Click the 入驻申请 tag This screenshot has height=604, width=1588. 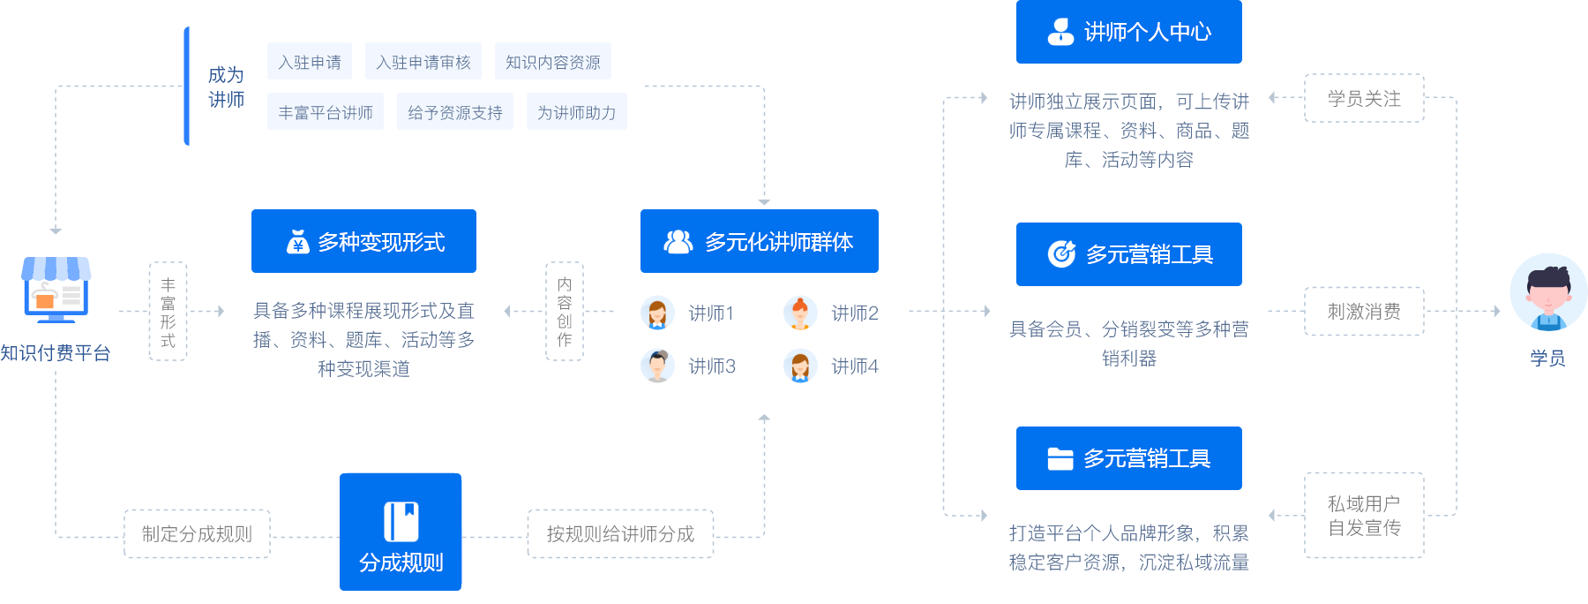(x=310, y=62)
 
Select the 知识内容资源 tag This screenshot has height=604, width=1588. (x=552, y=62)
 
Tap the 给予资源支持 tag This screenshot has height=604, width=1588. (x=454, y=112)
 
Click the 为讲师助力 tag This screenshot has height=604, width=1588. (x=576, y=112)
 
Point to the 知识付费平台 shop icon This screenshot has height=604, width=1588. (x=56, y=289)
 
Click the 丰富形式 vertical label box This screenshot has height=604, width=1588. (x=168, y=311)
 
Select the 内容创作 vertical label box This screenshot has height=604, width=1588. (x=565, y=311)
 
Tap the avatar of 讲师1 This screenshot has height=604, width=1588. (x=656, y=313)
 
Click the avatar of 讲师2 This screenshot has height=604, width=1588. (x=799, y=313)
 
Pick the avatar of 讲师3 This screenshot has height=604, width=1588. (x=656, y=366)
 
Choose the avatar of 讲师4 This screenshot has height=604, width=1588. (x=799, y=366)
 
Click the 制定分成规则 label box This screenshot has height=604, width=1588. (x=197, y=533)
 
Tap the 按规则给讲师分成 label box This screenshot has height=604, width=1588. (x=620, y=533)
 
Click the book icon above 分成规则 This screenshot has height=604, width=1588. (x=401, y=521)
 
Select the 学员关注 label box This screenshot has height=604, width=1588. (x=1364, y=98)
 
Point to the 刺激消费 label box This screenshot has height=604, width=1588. (x=1364, y=311)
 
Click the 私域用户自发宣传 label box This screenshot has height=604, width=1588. (x=1364, y=516)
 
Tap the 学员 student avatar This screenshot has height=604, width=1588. (x=1547, y=292)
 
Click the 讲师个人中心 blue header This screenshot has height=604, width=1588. (x=1128, y=32)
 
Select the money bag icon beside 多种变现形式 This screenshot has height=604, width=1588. (x=297, y=241)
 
